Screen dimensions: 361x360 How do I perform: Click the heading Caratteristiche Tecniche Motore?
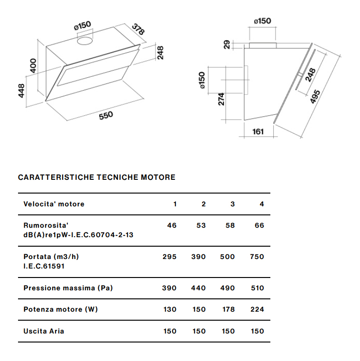click(x=96, y=177)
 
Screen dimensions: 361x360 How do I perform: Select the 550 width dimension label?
click(x=106, y=116)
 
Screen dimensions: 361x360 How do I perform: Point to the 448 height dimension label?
click(x=21, y=91)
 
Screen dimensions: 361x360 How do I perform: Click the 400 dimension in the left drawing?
click(x=33, y=65)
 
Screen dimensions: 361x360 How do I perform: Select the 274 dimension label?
click(x=221, y=100)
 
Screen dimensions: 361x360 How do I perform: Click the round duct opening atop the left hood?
click(x=85, y=42)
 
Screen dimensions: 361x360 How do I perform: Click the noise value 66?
click(x=259, y=225)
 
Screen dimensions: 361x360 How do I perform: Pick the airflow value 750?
click(x=257, y=257)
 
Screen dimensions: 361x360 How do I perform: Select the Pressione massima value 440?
click(x=198, y=288)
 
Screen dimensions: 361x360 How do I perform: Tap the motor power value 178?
click(x=228, y=309)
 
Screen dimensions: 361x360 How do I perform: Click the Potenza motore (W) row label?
click(x=60, y=309)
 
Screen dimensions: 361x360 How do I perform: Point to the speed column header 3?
click(x=232, y=204)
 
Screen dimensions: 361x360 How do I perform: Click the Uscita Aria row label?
click(x=44, y=331)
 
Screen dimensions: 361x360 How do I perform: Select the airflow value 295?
click(x=169, y=257)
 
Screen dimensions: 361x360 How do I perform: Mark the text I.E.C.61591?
click(x=44, y=266)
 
